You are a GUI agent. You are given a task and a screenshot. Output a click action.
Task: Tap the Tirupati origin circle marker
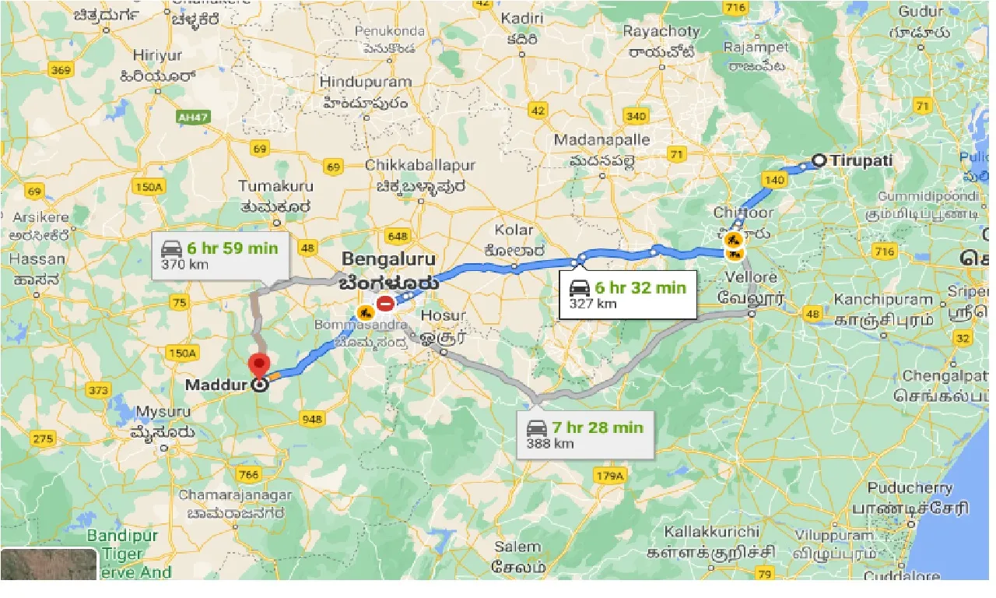point(819,161)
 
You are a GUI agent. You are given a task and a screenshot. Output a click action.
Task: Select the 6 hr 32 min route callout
point(628,294)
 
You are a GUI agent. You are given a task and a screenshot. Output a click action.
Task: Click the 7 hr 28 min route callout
point(585,434)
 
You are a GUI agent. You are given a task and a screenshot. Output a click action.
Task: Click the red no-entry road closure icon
point(384,303)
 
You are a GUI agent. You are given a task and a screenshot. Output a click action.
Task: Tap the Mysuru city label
point(163,411)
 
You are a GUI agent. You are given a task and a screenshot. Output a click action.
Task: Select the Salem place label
point(517,547)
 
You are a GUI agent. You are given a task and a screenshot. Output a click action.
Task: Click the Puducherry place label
point(910,488)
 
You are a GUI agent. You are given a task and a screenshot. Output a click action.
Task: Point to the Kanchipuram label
point(883,300)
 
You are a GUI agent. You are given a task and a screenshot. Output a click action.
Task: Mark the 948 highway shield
point(311,420)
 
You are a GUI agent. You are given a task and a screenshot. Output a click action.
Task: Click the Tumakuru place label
point(275,186)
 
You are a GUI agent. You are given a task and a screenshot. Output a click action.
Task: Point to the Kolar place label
point(514,230)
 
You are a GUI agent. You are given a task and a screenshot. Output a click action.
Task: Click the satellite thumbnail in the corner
point(49,564)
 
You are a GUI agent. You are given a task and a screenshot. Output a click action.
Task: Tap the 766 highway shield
point(249,475)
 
